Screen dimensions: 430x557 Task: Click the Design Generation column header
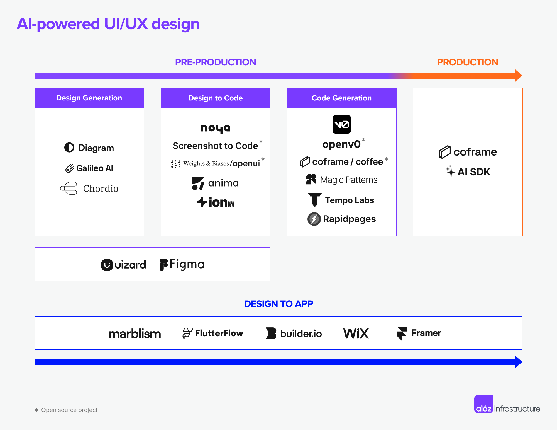pos(89,98)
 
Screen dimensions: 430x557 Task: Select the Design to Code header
pos(215,98)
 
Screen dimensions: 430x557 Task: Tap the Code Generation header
pos(341,98)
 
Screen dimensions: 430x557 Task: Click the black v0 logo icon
pos(342,124)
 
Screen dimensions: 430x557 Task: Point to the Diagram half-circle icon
pos(69,148)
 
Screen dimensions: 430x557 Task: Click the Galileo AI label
pos(95,168)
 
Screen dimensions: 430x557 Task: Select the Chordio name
pos(101,189)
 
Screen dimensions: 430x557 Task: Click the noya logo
pos(215,128)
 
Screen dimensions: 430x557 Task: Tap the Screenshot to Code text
pos(215,146)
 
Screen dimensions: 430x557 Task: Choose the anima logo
pos(215,183)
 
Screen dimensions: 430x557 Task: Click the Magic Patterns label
pos(349,180)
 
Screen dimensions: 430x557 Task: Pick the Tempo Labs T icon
pos(315,200)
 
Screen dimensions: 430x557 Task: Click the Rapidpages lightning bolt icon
pos(314,219)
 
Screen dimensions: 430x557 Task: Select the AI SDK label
pos(474,172)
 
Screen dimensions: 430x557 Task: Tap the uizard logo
pos(123,265)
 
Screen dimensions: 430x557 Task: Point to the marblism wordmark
pos(135,334)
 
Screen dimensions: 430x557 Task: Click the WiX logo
pos(356,333)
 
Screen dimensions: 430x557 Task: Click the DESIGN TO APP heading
pos(278,304)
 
